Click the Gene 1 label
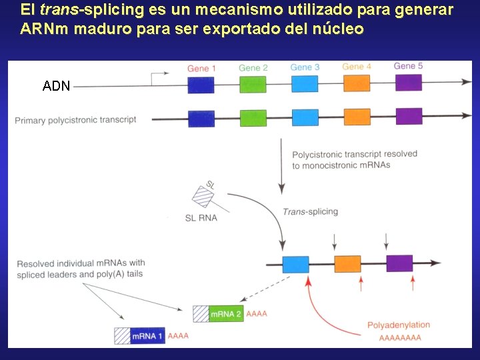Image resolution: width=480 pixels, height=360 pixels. pyautogui.click(x=201, y=68)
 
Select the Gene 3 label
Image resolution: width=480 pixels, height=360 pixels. pyautogui.click(x=305, y=67)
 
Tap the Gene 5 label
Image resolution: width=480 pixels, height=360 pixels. pyautogui.click(x=408, y=66)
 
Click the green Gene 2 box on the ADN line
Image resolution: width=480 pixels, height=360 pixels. pyautogui.click(x=253, y=85)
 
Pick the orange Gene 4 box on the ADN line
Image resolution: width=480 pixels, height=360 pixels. pyautogui.click(x=357, y=83)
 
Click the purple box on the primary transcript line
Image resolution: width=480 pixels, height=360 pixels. pyautogui.click(x=409, y=116)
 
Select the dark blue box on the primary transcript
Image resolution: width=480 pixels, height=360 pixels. pyautogui.click(x=201, y=119)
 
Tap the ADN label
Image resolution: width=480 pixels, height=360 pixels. pyautogui.click(x=56, y=86)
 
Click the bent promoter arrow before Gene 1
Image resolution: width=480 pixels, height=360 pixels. pyautogui.click(x=159, y=77)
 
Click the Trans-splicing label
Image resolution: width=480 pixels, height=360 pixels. pyautogui.click(x=310, y=211)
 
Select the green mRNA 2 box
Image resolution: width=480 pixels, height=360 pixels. pyautogui.click(x=226, y=313)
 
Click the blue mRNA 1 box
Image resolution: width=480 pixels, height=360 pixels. pyautogui.click(x=147, y=336)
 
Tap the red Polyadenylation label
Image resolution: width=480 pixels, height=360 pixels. pyautogui.click(x=399, y=325)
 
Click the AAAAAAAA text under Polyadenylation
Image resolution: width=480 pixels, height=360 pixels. pyautogui.click(x=400, y=338)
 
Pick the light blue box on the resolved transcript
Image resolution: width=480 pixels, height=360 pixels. pyautogui.click(x=295, y=264)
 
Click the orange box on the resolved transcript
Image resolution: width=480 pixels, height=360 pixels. pyautogui.click(x=347, y=264)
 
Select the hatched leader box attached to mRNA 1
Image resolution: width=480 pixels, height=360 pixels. pyautogui.click(x=122, y=336)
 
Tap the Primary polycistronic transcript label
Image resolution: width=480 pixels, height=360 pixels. pyautogui.click(x=75, y=120)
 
